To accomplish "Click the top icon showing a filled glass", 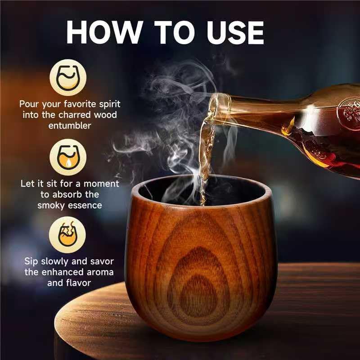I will click(x=68, y=78).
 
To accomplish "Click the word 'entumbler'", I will click(x=69, y=125).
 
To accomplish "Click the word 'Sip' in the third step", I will click(x=32, y=262).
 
